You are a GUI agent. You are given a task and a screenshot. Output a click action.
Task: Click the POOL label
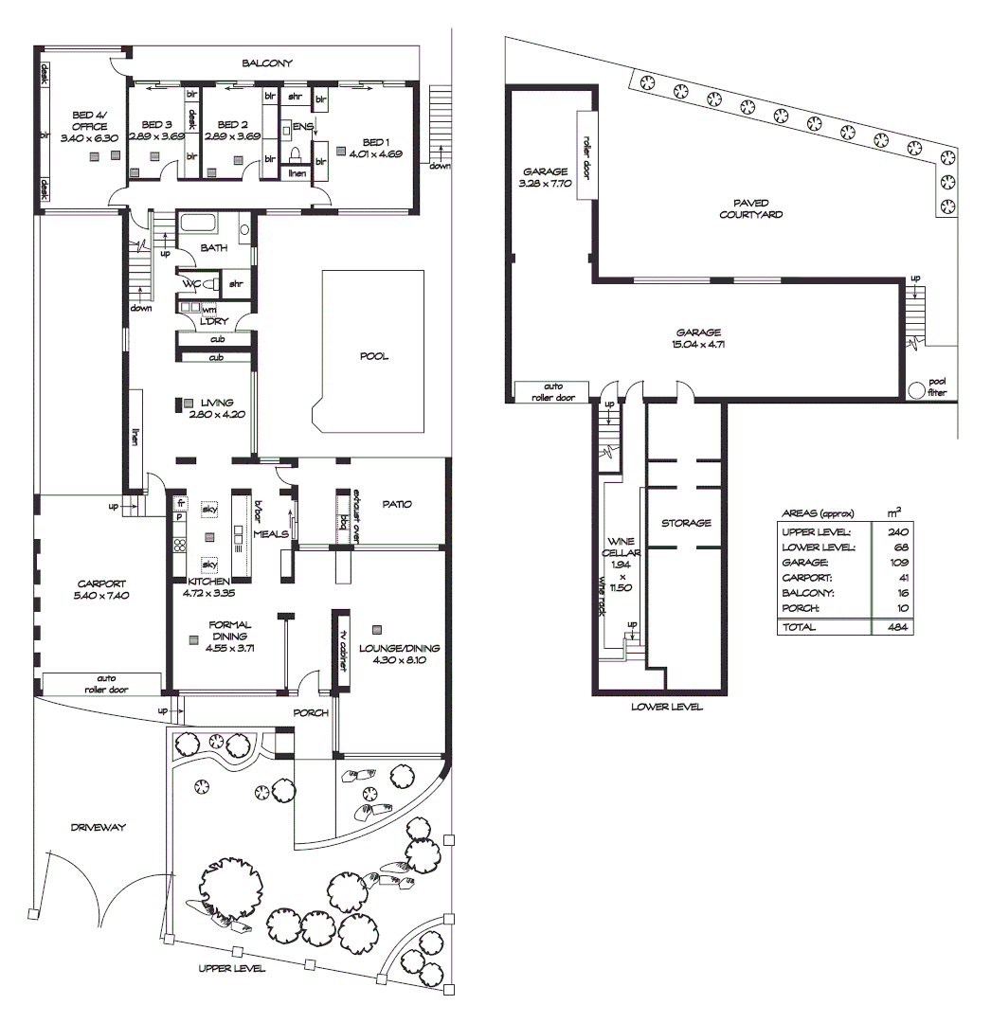[x=373, y=357]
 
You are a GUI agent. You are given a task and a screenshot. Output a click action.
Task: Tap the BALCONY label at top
[x=266, y=63]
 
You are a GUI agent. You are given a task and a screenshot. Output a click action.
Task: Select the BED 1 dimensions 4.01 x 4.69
[x=375, y=153]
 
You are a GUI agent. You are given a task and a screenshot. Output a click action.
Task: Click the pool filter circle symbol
[x=916, y=389]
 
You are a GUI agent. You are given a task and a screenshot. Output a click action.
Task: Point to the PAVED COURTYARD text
[x=750, y=208]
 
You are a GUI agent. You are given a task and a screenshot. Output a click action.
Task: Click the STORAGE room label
[x=685, y=523]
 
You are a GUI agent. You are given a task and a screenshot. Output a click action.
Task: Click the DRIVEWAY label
[x=98, y=827]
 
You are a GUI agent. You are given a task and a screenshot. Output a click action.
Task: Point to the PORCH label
[x=310, y=713]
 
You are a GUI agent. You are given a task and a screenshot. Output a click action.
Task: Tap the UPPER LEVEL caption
[x=231, y=969]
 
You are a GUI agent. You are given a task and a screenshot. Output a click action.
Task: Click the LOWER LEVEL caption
[x=668, y=708]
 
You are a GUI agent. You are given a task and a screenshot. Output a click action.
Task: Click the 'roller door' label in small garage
[x=586, y=156]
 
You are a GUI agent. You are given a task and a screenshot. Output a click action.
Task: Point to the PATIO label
[x=397, y=504]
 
